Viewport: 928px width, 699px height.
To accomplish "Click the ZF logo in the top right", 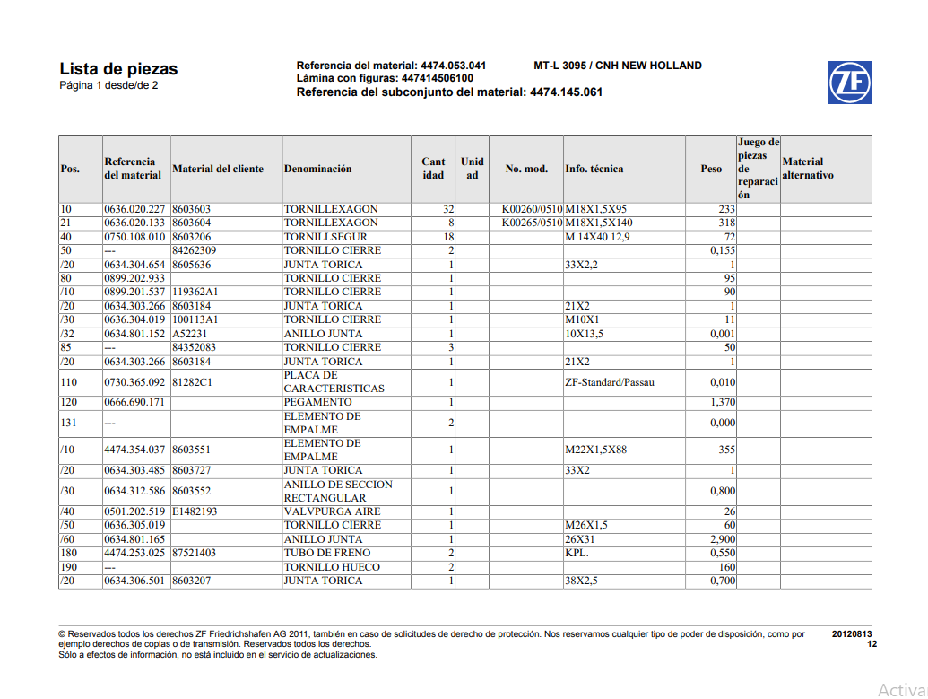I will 849,83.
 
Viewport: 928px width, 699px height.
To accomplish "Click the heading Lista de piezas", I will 118,69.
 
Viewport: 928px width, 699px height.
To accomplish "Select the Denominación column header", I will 318,169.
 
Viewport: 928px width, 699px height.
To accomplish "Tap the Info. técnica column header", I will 594,169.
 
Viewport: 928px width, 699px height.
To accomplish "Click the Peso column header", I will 711,169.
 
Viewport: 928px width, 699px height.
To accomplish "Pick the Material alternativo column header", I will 808,169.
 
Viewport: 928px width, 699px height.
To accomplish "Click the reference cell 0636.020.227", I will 134,209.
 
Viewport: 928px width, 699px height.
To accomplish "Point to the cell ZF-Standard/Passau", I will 610,382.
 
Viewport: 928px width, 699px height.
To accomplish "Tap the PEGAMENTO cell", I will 318,403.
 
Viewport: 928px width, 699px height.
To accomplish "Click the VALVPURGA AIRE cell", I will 332,512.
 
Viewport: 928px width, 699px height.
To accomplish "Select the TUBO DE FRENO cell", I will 327,554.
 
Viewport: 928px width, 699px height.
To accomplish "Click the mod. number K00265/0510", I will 532,223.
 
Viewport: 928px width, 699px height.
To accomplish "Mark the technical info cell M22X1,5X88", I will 596,450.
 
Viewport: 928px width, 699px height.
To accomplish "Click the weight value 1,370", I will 722,403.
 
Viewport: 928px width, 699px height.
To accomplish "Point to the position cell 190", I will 70,567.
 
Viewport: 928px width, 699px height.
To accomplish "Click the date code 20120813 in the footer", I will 851,634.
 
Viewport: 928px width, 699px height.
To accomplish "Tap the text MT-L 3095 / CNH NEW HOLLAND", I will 618,66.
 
